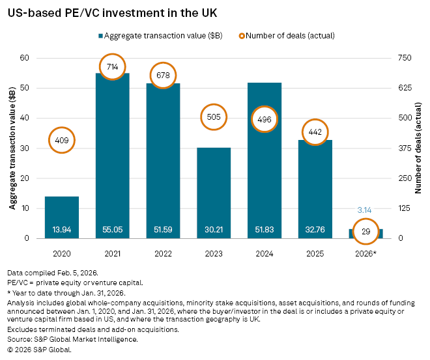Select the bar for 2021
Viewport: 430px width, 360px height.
click(x=112, y=156)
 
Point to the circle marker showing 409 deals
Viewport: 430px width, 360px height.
click(x=62, y=139)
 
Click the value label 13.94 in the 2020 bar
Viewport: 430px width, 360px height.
click(x=62, y=229)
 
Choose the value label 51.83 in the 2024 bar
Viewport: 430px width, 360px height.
click(x=265, y=229)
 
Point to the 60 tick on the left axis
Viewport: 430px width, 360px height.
click(x=26, y=58)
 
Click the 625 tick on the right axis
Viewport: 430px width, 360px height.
click(x=406, y=88)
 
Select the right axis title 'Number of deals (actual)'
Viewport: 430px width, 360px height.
click(x=419, y=148)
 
